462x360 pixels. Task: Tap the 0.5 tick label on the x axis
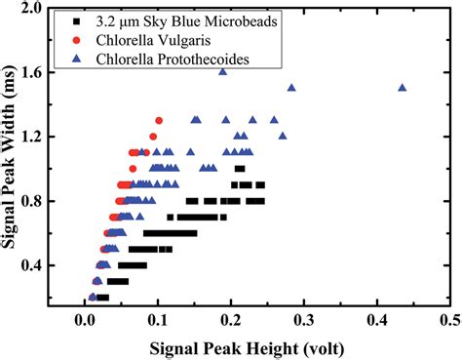pos(449,319)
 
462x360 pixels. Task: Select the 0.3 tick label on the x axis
pos(303,319)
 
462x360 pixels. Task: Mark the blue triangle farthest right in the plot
pos(402,87)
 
